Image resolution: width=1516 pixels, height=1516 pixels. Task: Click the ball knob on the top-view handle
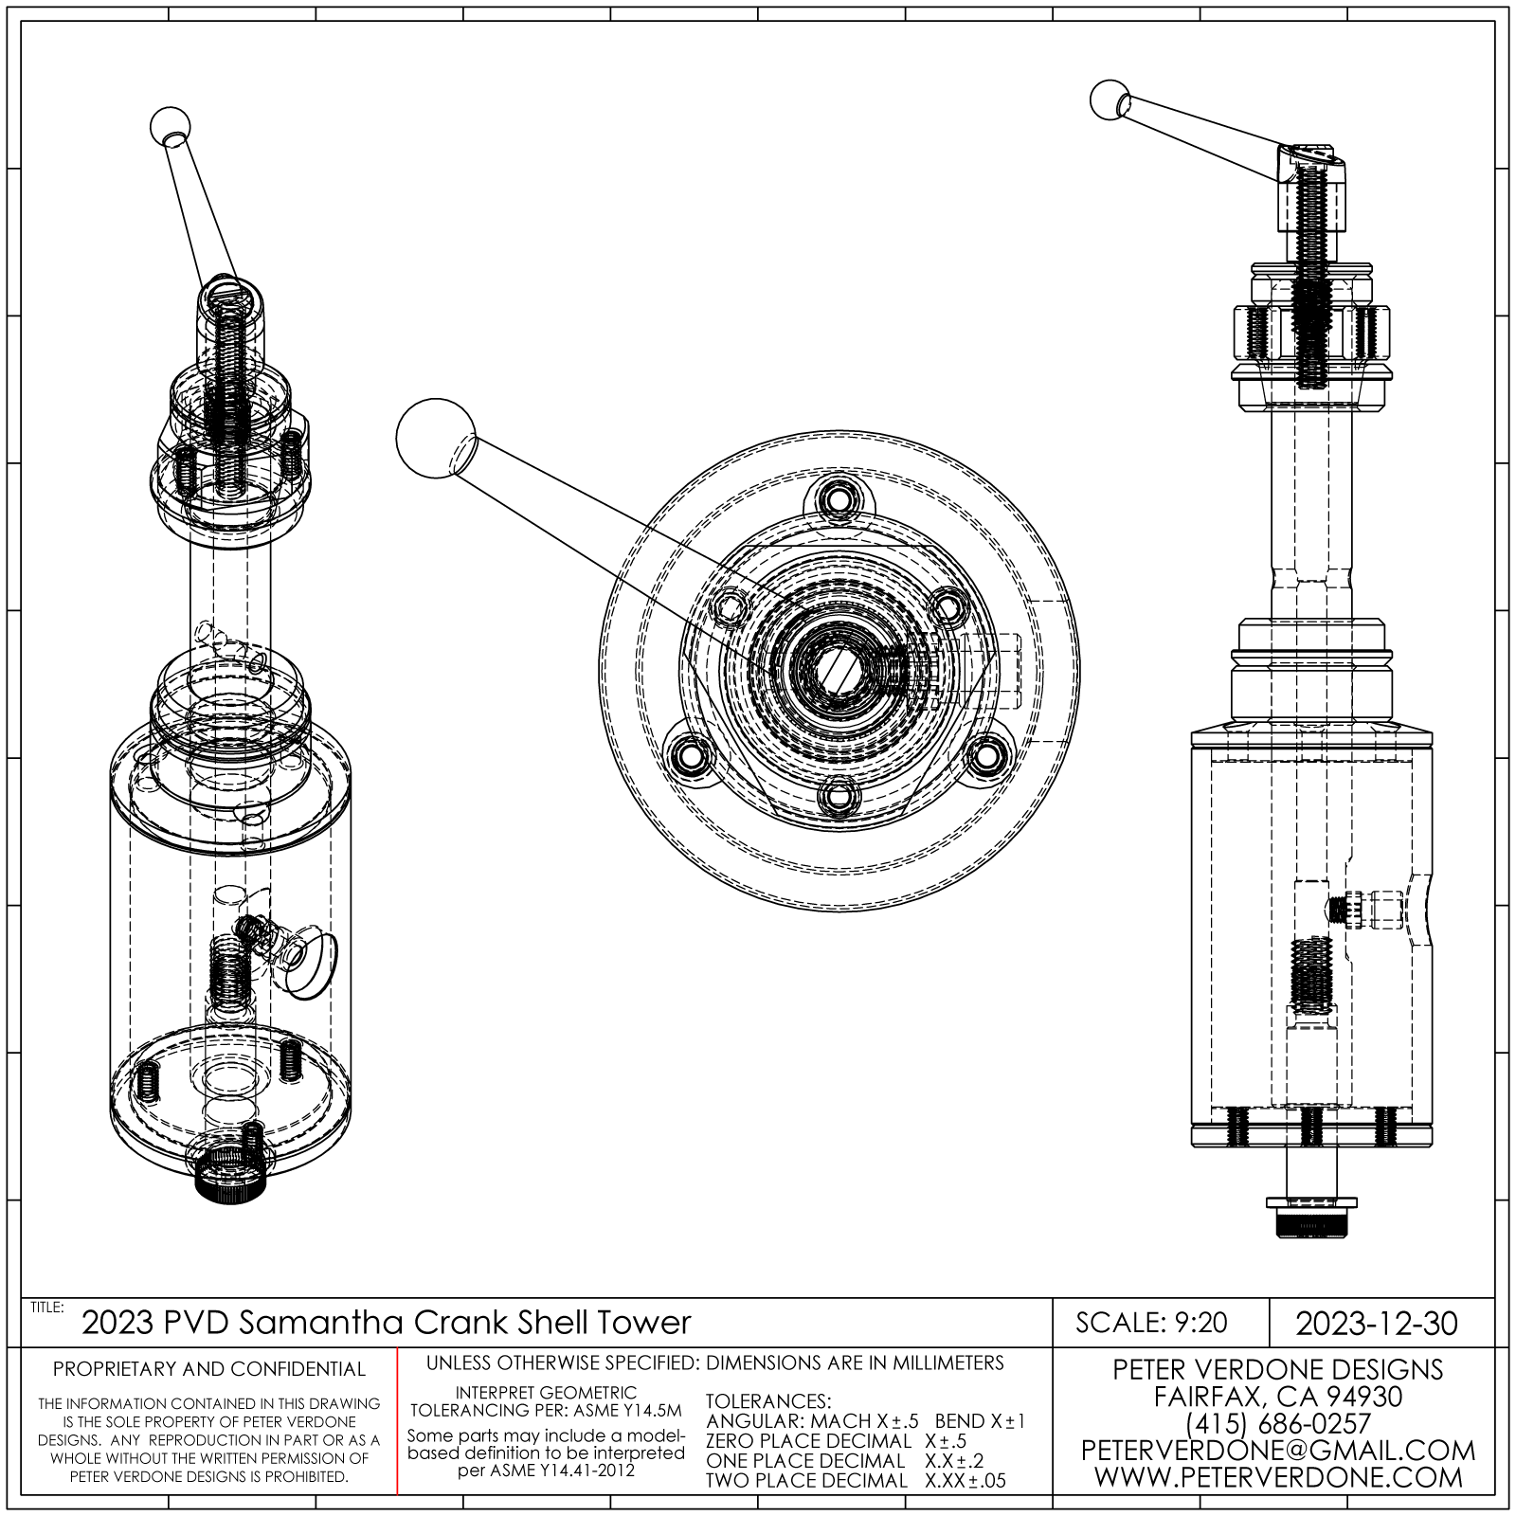[434, 438]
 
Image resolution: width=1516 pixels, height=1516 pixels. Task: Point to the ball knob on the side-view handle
[1110, 100]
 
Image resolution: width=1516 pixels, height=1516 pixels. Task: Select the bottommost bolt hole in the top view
[838, 797]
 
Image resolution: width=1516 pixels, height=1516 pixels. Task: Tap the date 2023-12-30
[1377, 1323]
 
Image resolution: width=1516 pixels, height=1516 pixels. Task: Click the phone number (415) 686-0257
[1277, 1423]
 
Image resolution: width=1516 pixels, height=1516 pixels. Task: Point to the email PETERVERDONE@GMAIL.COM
[1277, 1450]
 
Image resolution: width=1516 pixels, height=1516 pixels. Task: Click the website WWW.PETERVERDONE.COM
[1277, 1476]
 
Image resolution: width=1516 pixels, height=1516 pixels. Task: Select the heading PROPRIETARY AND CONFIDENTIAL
[208, 1369]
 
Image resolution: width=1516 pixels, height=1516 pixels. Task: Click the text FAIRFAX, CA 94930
[1277, 1397]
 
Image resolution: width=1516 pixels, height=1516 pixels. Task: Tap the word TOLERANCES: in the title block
[768, 1401]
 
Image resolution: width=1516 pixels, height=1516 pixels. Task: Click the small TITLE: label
[47, 1308]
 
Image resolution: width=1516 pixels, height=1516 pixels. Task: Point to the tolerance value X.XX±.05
[966, 1481]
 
